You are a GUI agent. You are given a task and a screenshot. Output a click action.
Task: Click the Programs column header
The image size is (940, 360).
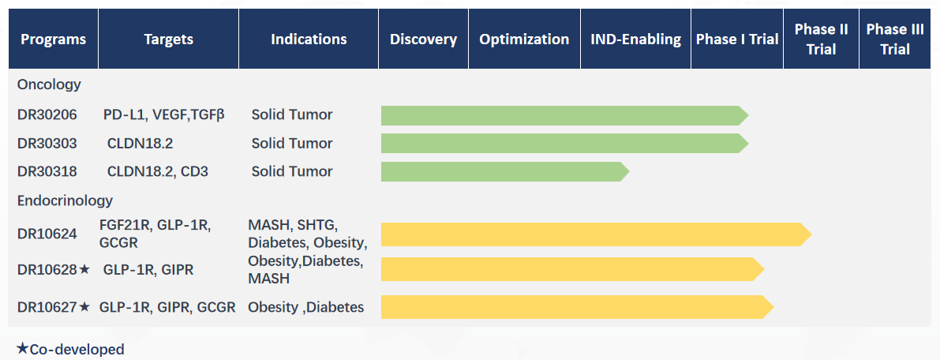pos(54,39)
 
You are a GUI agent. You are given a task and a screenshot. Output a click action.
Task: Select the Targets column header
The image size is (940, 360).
pos(168,39)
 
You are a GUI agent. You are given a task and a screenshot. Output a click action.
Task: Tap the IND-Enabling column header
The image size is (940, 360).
pos(636,39)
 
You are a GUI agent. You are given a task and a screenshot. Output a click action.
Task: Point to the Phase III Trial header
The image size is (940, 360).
pos(895,39)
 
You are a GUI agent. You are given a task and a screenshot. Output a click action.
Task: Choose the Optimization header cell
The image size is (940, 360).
pos(525,39)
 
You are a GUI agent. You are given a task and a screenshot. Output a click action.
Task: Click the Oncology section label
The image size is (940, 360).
pos(49,84)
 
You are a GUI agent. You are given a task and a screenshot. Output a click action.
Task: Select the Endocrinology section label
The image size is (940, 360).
pos(65,200)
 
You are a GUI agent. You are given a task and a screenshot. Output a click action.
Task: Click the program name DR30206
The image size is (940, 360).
pos(47,114)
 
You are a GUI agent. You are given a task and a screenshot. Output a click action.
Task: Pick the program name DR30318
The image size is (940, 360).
pos(47,171)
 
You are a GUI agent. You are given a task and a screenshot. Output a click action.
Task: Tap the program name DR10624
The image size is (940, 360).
pos(47,234)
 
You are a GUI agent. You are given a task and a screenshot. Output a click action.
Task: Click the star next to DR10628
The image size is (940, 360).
pos(84,269)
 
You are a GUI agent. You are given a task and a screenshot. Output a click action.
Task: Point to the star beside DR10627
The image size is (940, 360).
pos(84,306)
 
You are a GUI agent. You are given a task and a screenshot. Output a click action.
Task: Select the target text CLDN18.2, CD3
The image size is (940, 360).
pos(158,171)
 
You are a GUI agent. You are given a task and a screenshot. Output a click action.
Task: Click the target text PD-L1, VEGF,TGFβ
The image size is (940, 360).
pos(163,114)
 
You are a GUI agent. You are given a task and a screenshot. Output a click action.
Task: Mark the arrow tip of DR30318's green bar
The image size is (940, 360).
pos(629,171)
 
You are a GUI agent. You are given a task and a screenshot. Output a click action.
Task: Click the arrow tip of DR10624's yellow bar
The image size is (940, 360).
pos(811,234)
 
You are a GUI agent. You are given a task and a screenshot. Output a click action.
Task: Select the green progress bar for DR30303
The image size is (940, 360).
pos(565,144)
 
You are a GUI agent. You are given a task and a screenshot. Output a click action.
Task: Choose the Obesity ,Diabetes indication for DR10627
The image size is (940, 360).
pos(305,307)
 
